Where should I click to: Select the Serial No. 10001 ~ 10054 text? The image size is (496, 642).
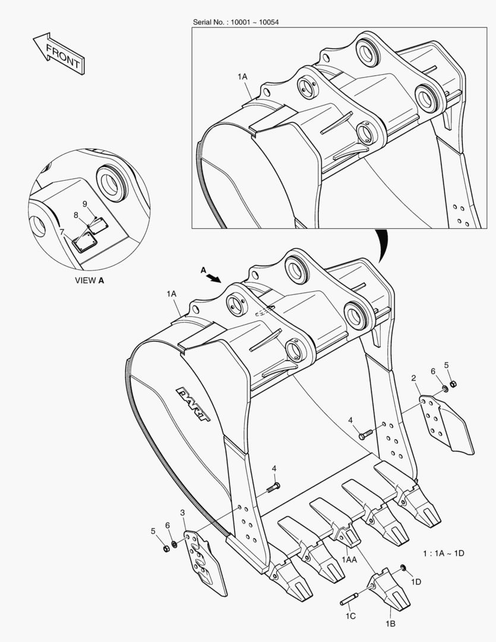(236, 22)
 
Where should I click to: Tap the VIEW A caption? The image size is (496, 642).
(89, 280)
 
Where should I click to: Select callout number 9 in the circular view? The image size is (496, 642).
(85, 203)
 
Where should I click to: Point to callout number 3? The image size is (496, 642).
(182, 512)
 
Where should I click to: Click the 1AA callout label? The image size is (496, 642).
(349, 559)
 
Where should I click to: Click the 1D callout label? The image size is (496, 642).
(416, 581)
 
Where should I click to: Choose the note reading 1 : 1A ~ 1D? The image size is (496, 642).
(443, 553)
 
